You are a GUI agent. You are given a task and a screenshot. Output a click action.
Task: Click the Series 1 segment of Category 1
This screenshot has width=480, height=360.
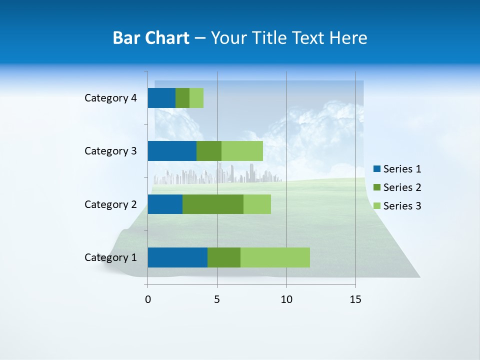pos(177,257)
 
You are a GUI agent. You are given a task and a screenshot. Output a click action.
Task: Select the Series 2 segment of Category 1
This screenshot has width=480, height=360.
pos(224,257)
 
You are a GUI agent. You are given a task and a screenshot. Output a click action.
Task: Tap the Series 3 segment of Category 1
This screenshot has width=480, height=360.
pos(275,257)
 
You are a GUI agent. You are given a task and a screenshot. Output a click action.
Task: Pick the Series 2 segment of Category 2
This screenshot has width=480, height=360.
pos(213,204)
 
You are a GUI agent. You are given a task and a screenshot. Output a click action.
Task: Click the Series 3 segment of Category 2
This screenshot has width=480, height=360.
pos(257,204)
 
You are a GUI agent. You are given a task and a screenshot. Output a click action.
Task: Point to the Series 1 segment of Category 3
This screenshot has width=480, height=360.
pos(172,151)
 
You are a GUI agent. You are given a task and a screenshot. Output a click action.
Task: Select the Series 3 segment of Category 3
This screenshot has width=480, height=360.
pos(242,151)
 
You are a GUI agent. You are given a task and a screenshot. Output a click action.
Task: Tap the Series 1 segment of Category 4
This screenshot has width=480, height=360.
pos(161,98)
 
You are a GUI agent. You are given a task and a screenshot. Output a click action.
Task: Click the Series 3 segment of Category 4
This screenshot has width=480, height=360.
pos(196,98)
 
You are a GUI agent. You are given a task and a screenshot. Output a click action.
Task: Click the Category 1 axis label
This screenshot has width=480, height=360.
pos(110,257)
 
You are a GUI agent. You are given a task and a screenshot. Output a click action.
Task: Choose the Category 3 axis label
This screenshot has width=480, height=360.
pos(110,151)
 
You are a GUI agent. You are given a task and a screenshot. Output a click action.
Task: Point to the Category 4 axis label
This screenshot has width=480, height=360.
pos(110,98)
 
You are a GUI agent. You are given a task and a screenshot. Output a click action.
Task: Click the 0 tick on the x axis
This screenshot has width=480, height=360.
pos(148,299)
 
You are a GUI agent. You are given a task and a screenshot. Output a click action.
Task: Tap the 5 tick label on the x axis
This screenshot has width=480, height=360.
pos(217,299)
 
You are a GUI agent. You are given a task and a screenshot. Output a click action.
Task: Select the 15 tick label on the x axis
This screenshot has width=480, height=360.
pos(355,299)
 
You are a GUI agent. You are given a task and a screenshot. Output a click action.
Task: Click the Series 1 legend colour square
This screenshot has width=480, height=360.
pos(377,169)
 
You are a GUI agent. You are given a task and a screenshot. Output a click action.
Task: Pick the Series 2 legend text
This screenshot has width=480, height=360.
pos(402,187)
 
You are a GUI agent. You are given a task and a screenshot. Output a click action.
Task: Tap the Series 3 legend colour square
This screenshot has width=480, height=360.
pos(377,206)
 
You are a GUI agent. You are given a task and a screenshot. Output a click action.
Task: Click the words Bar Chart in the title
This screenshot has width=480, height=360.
pos(151,38)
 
